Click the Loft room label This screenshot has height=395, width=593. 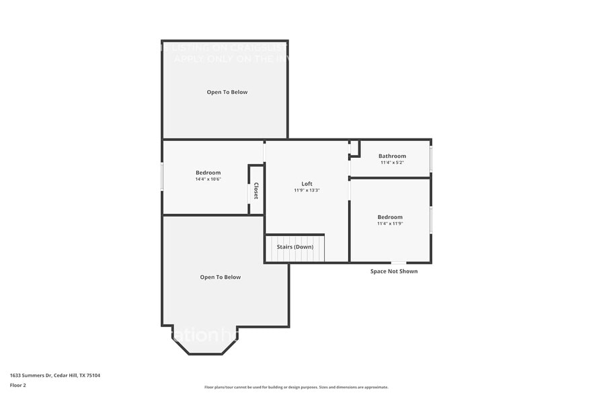click(307, 184)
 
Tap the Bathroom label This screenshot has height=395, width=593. click(392, 156)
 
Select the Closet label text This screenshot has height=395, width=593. click(255, 191)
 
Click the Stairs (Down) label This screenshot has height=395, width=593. click(295, 247)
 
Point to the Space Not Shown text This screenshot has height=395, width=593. click(393, 271)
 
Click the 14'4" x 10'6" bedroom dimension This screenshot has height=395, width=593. click(208, 179)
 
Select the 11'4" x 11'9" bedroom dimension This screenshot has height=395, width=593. click(390, 224)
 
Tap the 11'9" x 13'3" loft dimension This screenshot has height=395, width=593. click(307, 190)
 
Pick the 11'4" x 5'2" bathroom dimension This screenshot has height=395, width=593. click(392, 163)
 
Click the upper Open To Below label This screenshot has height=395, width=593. click(227, 92)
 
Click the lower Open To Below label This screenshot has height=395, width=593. click(220, 277)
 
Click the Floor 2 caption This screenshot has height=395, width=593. click(18, 385)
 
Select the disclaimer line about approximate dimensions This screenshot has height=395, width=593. click(296, 387)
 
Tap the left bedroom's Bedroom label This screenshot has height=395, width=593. click(208, 173)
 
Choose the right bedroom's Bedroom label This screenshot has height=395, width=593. click(390, 217)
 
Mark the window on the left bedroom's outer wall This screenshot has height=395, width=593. click(162, 177)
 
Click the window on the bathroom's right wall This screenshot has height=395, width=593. click(431, 159)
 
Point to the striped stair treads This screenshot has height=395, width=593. click(296, 249)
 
